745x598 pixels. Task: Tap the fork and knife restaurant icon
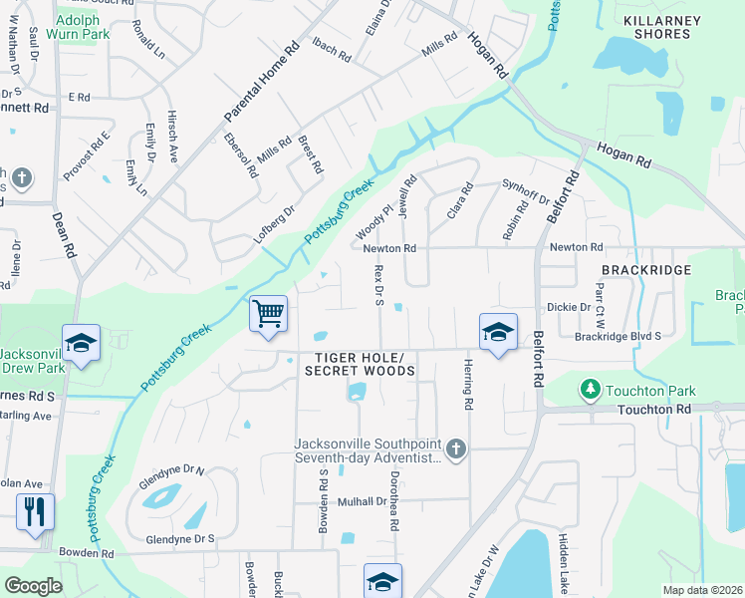36,512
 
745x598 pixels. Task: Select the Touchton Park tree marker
591,387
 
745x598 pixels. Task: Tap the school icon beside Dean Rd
81,343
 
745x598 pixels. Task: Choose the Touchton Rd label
653,410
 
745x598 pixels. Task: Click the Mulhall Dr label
361,501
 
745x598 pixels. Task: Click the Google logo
34,586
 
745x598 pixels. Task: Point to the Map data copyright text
703,590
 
